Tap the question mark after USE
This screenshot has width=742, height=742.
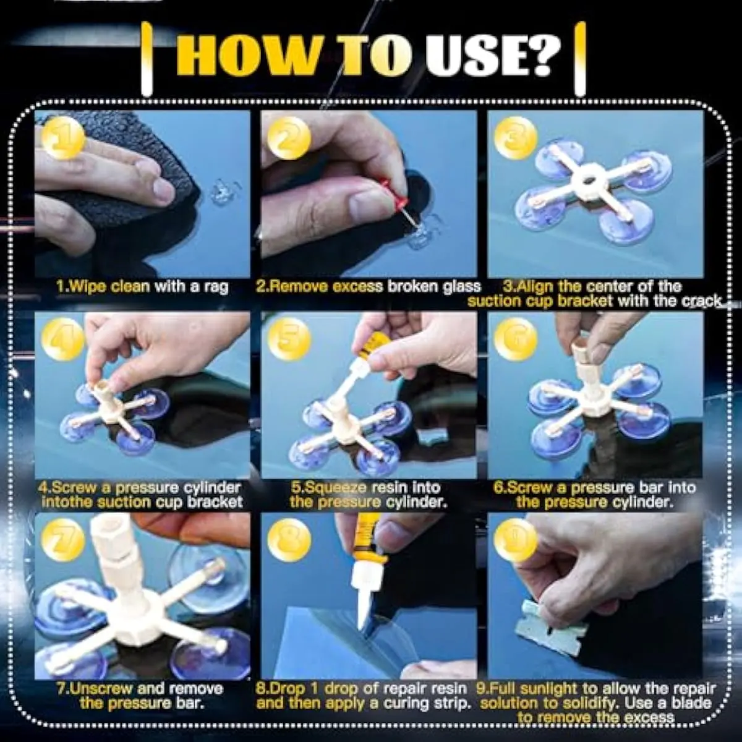(544, 57)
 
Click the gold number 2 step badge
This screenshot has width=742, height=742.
(289, 138)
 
